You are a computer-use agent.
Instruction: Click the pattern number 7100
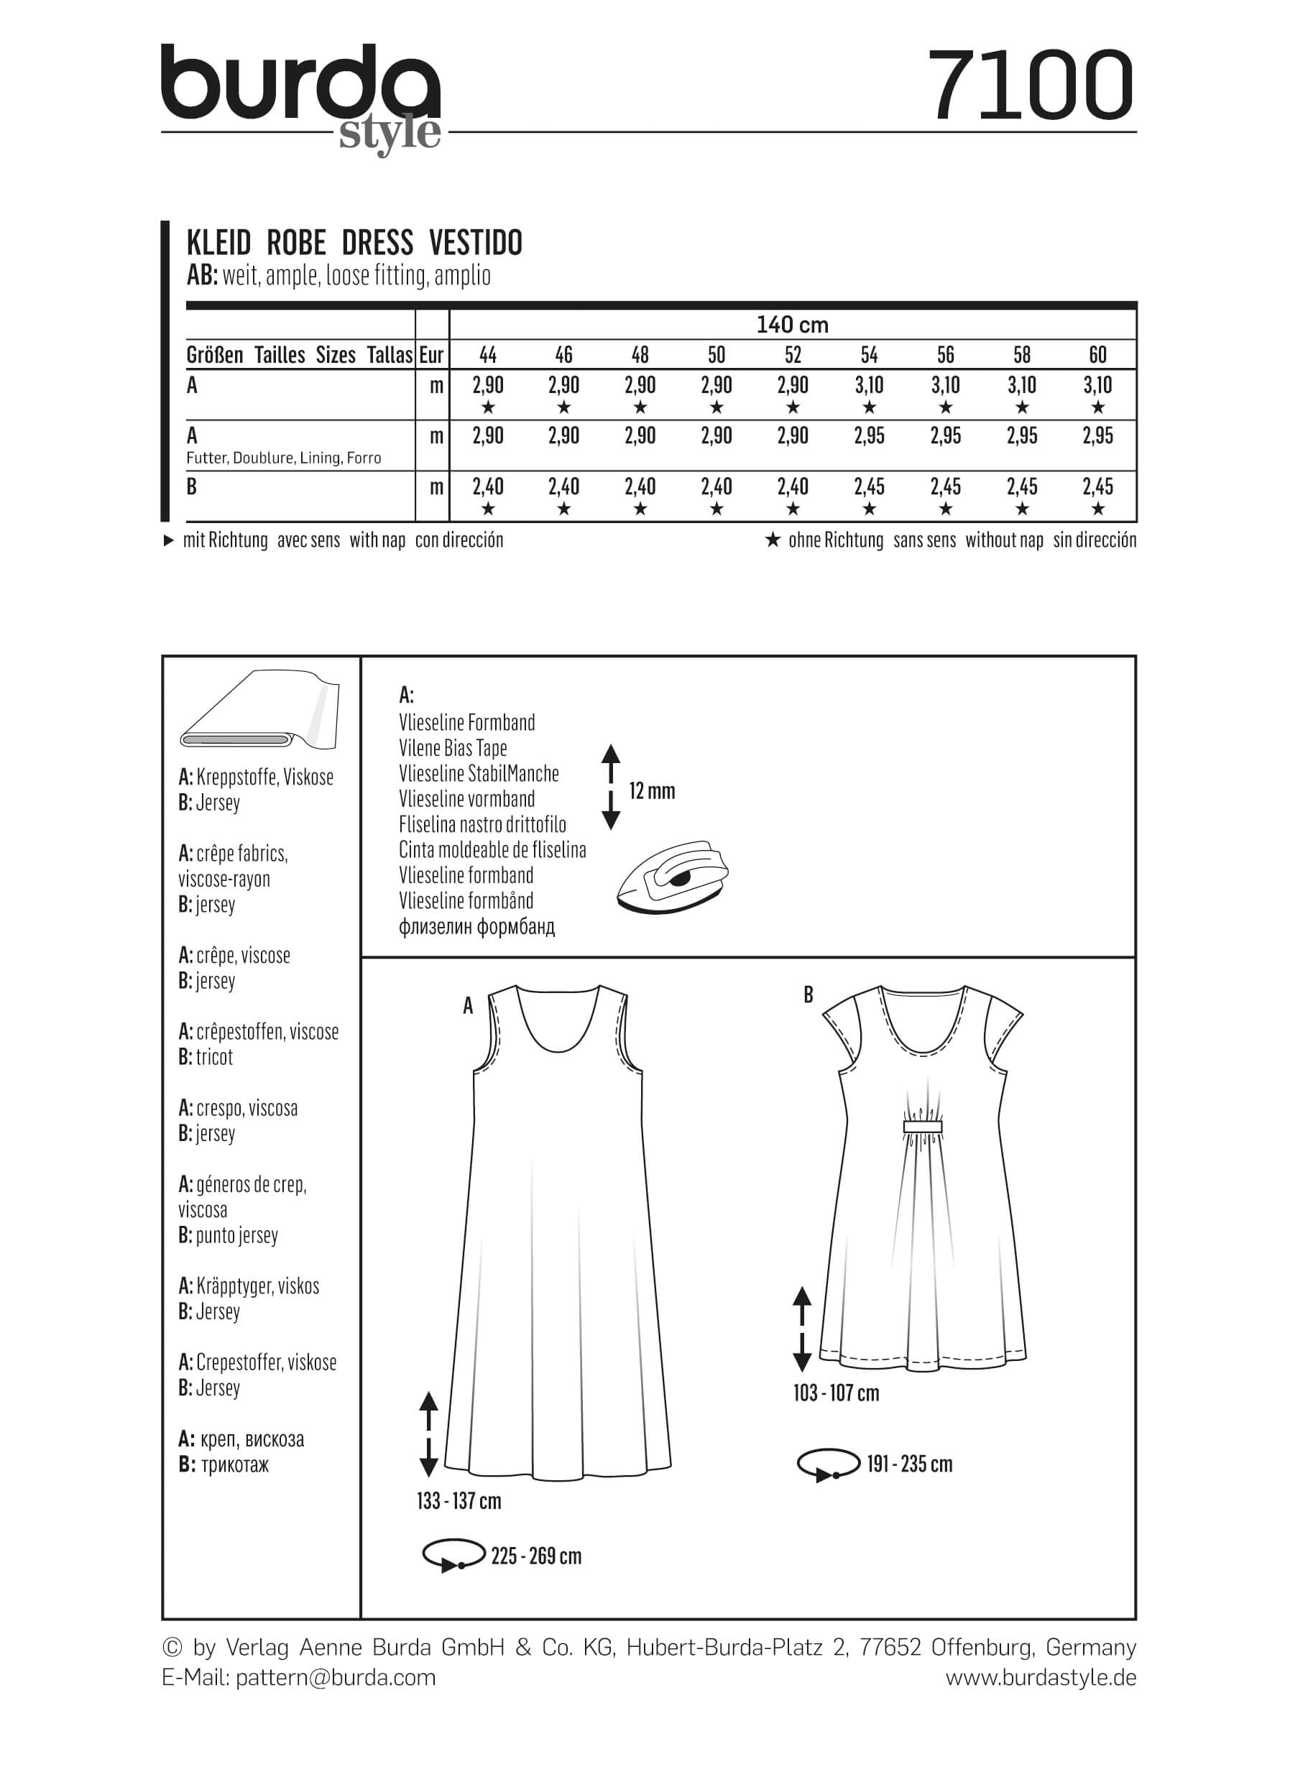click(x=1030, y=86)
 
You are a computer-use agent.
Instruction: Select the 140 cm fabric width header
click(x=792, y=325)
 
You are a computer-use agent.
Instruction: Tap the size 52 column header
click(x=793, y=355)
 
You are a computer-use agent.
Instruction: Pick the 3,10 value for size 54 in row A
click(x=869, y=385)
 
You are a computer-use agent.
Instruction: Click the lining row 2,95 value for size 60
click(x=1097, y=436)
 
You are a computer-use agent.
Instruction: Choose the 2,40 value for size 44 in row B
click(x=488, y=487)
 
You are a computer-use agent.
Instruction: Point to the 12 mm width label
click(x=651, y=791)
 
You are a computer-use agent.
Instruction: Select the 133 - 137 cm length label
click(x=459, y=1501)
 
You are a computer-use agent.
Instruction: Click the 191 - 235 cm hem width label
click(x=909, y=1464)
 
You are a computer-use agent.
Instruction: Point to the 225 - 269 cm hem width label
click(x=536, y=1556)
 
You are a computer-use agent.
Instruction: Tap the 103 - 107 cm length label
click(x=836, y=1393)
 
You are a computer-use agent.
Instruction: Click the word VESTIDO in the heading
click(x=475, y=244)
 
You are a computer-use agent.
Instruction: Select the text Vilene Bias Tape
click(x=453, y=748)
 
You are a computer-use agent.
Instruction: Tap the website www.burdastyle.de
click(x=1040, y=1678)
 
